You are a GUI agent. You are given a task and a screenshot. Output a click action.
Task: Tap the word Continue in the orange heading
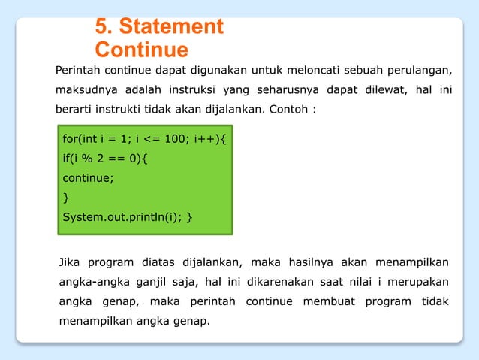[x=141, y=50]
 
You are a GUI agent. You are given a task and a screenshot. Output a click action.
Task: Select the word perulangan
[x=418, y=71]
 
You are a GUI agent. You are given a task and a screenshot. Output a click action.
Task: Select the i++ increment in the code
[x=206, y=139]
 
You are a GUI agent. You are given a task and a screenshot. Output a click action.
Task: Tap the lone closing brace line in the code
[x=65, y=198]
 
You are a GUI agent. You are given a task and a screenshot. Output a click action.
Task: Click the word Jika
[x=71, y=262]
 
